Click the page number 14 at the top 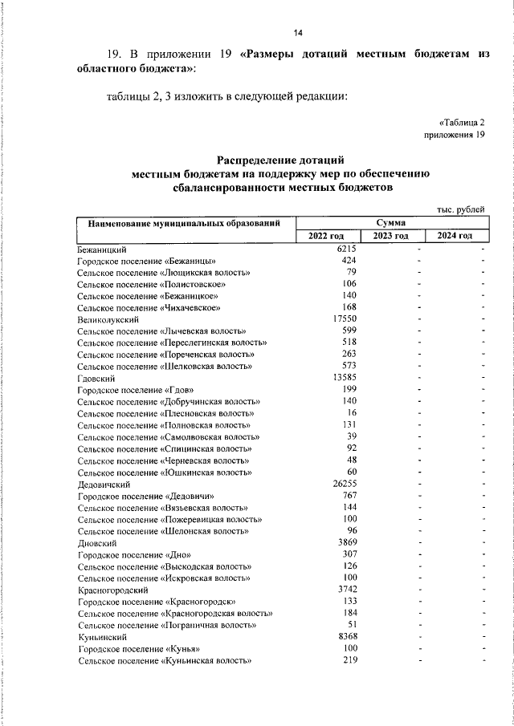pyautogui.click(x=297, y=33)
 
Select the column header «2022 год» pyautogui.click(x=326, y=236)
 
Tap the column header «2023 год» pyautogui.click(x=391, y=236)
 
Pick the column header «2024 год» pyautogui.click(x=455, y=236)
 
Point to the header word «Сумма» pyautogui.click(x=390, y=222)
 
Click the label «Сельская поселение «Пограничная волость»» pyautogui.click(x=166, y=625)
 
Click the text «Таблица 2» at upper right pyautogui.click(x=463, y=122)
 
